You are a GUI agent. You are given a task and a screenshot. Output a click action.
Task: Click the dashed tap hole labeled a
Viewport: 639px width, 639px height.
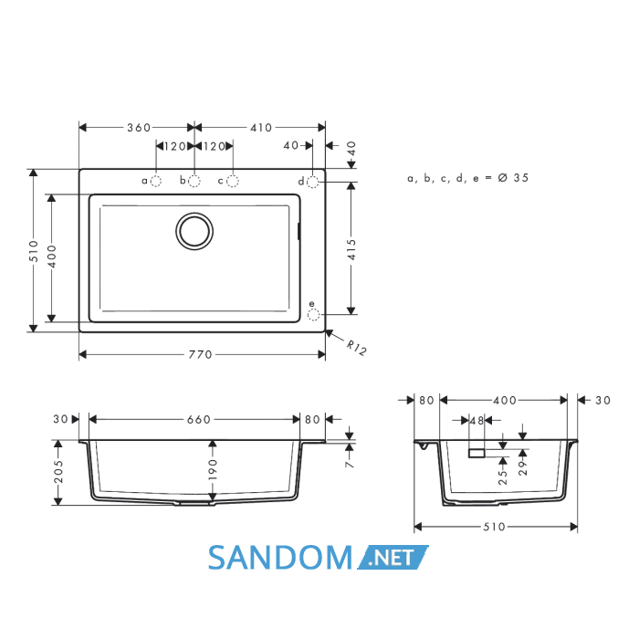(156, 182)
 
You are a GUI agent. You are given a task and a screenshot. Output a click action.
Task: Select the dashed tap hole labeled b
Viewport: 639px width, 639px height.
(194, 182)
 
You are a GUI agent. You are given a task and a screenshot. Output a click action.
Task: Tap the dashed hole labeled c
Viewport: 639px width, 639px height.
(233, 182)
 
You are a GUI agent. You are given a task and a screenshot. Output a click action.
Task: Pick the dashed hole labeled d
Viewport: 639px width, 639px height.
(312, 182)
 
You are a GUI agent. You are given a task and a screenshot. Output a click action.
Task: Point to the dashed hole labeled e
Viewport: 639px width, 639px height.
(313, 315)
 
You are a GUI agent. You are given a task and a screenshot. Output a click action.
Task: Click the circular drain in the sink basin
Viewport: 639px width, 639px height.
(194, 231)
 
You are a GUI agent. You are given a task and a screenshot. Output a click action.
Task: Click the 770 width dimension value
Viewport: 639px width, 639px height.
(200, 354)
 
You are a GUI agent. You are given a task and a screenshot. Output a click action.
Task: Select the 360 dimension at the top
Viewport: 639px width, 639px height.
(139, 128)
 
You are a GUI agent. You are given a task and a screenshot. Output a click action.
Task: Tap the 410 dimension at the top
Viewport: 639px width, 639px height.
(261, 128)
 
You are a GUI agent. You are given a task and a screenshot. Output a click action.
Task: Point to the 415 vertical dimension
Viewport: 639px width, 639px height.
(351, 249)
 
